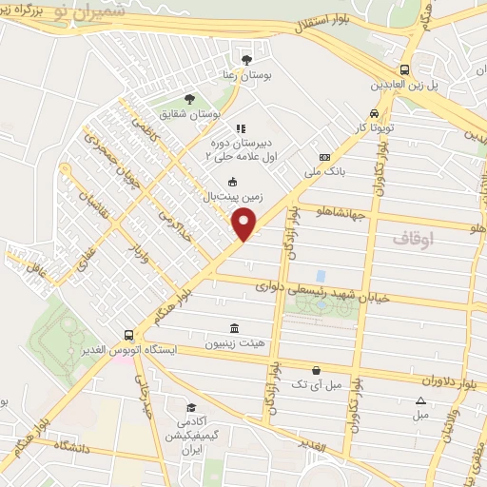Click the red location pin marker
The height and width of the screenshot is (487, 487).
click(x=245, y=224)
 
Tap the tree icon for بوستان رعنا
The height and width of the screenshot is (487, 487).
click(x=248, y=59)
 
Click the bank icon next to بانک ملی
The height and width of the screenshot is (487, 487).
click(x=325, y=157)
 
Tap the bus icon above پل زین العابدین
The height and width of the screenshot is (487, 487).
click(x=406, y=69)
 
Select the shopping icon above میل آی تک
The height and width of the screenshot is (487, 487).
click(x=316, y=370)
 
